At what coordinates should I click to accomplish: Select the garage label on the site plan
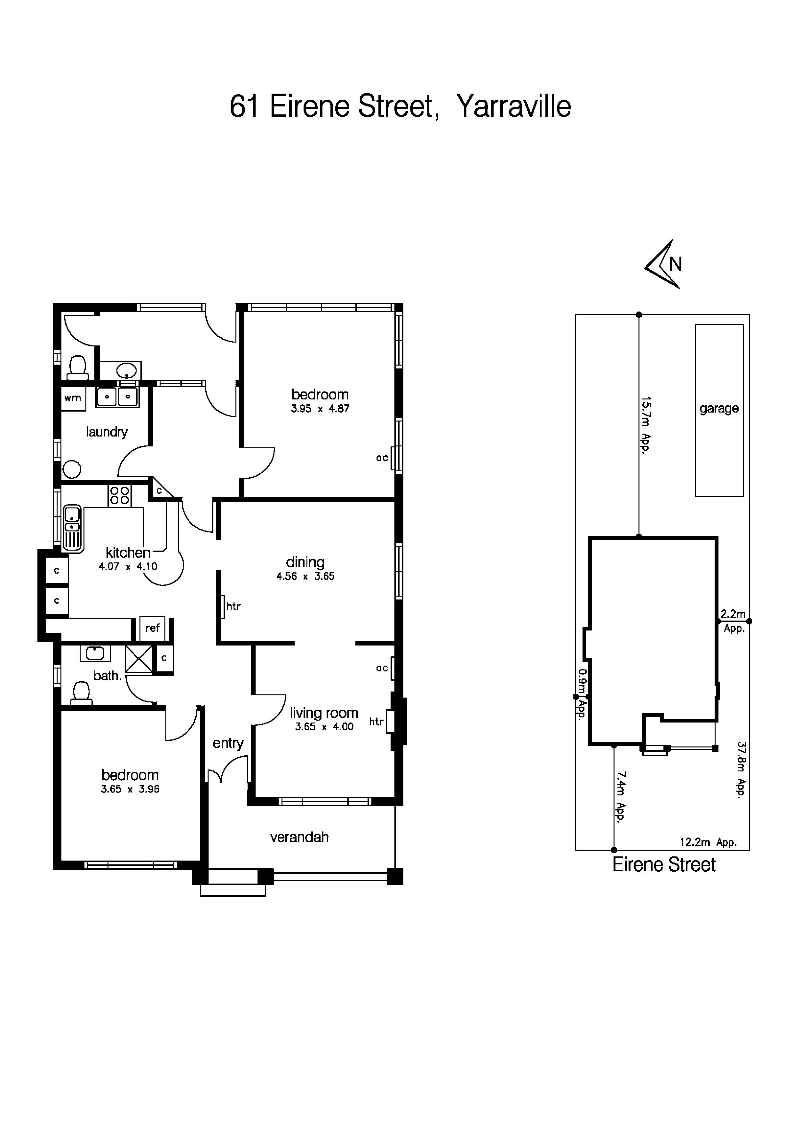[719, 408]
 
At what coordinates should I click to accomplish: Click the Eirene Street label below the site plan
[663, 865]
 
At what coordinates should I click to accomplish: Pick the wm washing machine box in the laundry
[73, 398]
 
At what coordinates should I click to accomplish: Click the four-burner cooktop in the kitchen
[120, 496]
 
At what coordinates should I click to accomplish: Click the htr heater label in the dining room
[233, 607]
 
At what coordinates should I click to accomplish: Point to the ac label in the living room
[382, 668]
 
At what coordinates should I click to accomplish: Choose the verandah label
[299, 837]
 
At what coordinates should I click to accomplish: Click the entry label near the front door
[228, 743]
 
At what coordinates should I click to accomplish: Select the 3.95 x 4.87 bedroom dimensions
[320, 409]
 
